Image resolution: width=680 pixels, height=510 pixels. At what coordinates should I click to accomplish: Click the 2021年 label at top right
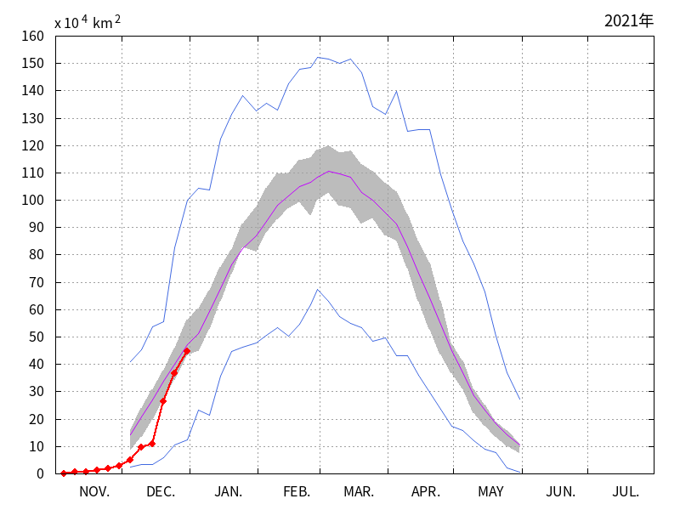coord(628,21)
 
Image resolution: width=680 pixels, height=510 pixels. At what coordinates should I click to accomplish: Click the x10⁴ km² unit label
coord(87,23)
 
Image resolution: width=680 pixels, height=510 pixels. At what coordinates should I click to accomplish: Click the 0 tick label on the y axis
coord(39,474)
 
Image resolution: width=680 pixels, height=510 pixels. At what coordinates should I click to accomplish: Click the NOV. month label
coord(94,492)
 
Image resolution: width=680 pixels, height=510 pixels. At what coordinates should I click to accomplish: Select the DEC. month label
coord(161,492)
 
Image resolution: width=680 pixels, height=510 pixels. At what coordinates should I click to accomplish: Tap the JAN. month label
coord(228,492)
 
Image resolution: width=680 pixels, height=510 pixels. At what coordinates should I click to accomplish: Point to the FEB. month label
coord(297,492)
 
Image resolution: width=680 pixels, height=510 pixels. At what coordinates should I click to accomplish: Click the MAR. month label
coord(359,492)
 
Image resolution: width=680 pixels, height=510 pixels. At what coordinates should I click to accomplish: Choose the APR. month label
coord(426,492)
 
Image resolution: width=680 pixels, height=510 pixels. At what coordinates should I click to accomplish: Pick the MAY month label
coord(490,492)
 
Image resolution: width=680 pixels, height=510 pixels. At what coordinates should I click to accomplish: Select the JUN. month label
coord(560,492)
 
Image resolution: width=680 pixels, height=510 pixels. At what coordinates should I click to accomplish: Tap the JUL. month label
coord(626,492)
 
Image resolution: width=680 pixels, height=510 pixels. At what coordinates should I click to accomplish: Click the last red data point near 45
coord(186,351)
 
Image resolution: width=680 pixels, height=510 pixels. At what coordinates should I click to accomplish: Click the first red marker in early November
coord(64,473)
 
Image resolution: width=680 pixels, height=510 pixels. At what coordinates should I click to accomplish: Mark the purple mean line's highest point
coord(330,172)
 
